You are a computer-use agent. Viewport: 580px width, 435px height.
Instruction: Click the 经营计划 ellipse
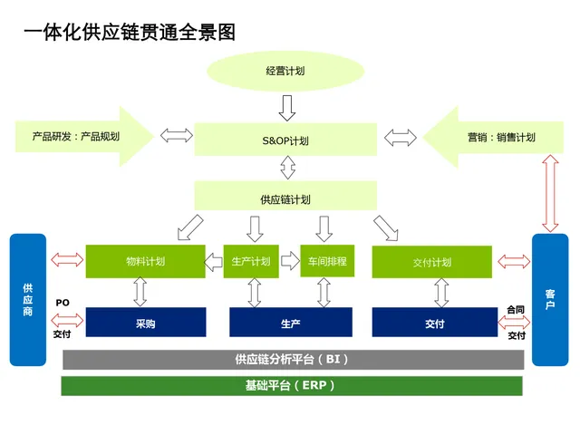coord(285,71)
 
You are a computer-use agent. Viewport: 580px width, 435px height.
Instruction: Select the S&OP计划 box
coord(285,140)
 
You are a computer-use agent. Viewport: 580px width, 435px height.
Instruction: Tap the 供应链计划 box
coord(285,196)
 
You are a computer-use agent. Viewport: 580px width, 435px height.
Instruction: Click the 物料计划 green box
coord(145,261)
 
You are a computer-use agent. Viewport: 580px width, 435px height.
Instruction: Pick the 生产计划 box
coord(251,261)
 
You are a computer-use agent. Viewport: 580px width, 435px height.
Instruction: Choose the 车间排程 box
coord(327,261)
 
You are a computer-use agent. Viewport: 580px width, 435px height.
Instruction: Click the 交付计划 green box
coord(432,262)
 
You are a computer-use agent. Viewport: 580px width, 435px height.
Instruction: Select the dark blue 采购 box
coord(146,323)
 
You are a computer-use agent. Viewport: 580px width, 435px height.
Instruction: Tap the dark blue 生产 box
coord(291,323)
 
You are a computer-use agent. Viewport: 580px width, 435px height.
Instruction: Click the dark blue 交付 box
coord(435,323)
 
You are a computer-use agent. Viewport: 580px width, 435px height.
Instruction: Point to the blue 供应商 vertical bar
coord(28,300)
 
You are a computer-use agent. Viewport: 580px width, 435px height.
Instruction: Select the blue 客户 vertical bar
coord(550,300)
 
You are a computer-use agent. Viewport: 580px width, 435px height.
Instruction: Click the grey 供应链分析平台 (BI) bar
coord(294,360)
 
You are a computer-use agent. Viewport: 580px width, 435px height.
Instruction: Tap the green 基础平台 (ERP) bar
coord(292,386)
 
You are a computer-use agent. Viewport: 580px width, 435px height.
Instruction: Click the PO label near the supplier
coord(63,303)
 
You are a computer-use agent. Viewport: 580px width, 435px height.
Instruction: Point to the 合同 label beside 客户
coord(516,310)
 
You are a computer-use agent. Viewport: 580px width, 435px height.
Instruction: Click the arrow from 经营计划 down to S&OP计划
coord(287,108)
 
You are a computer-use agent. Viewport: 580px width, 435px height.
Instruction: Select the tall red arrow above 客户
coord(550,193)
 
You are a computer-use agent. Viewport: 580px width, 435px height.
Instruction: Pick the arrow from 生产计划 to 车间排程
coord(290,261)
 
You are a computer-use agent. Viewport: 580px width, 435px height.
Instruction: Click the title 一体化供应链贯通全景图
coord(130,33)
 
